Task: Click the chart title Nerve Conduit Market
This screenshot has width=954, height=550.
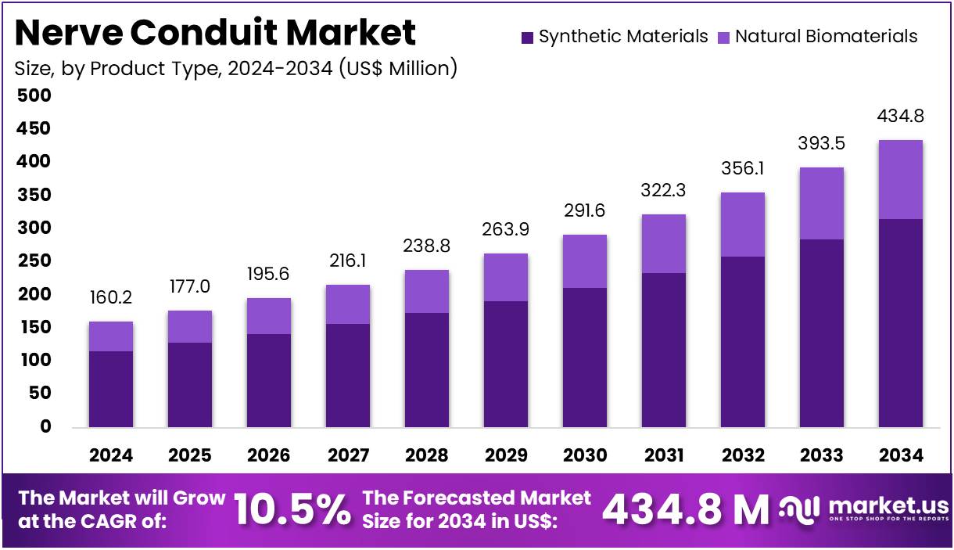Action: point(216,33)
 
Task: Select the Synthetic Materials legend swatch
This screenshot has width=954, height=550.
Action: point(527,37)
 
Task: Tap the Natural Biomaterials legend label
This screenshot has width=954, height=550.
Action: point(827,36)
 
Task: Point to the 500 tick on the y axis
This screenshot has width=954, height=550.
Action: point(34,95)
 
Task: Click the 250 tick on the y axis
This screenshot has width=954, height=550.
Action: point(34,261)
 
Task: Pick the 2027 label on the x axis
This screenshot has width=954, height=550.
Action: point(347,455)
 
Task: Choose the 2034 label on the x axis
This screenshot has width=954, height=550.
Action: point(900,455)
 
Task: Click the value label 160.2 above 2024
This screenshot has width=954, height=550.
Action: point(110,297)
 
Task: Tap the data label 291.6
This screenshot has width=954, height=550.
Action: point(584,210)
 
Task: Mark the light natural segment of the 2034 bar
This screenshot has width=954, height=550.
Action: point(900,179)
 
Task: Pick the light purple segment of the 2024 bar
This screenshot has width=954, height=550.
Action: point(110,336)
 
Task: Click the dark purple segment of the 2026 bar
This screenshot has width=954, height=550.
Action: point(268,380)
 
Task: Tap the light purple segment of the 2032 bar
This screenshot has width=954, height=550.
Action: point(742,225)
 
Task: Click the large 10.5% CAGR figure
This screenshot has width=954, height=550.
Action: point(292,510)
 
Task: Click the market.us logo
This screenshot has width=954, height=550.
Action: point(864,510)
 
